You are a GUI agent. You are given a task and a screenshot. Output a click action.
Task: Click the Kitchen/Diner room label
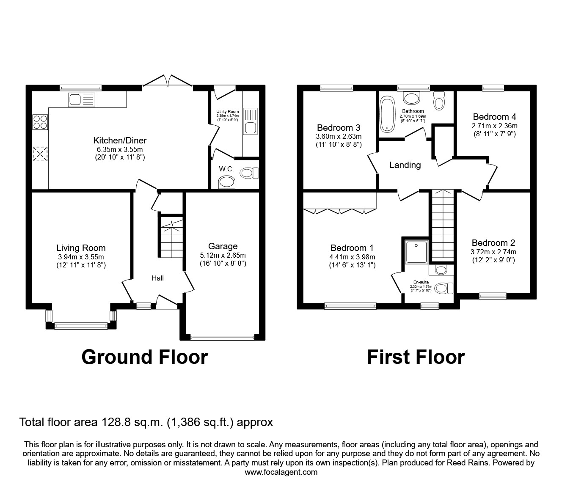[x=120, y=140]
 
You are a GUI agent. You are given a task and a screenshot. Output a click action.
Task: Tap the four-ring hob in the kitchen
[x=40, y=122]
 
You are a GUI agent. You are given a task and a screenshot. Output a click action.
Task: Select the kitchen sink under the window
[x=75, y=100]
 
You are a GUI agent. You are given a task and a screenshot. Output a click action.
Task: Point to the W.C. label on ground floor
[x=226, y=169]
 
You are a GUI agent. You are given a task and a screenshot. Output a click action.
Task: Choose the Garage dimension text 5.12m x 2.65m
[x=223, y=255]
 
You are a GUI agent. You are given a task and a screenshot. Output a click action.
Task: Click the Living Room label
[x=81, y=248]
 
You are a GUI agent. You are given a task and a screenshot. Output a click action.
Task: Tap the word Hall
[x=158, y=278]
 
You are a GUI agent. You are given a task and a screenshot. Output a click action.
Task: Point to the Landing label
[x=405, y=165]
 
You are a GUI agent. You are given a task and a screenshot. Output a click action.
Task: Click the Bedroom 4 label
[x=494, y=117]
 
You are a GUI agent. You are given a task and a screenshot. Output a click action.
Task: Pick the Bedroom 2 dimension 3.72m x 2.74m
[x=493, y=252]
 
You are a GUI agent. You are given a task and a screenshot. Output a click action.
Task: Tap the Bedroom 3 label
[x=339, y=128]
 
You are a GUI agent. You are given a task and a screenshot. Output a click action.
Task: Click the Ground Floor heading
[x=144, y=357]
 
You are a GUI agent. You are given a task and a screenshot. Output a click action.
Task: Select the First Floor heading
[x=416, y=357]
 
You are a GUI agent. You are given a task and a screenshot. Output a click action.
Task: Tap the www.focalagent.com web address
[x=281, y=472]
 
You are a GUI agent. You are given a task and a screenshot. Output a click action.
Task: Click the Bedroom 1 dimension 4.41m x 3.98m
[x=352, y=257]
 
